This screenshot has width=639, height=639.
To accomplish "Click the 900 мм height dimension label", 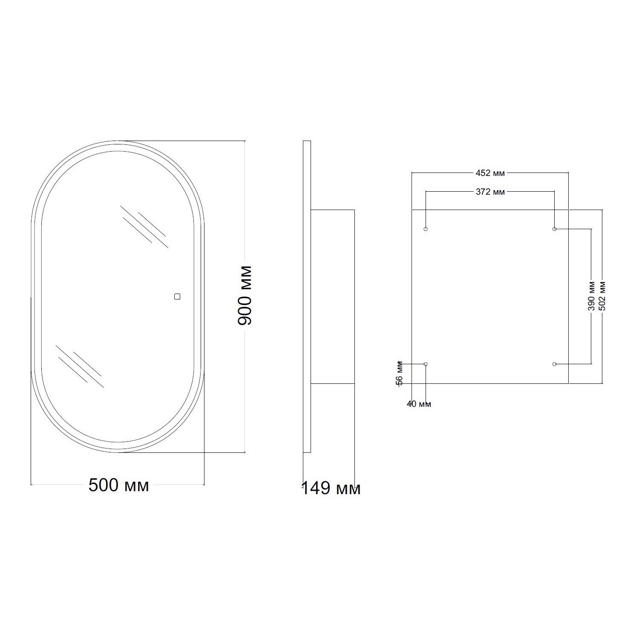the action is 245,295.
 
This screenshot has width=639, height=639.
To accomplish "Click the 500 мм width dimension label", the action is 118,485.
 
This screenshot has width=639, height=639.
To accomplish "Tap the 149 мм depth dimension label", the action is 331,488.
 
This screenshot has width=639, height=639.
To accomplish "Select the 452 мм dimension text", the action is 490,173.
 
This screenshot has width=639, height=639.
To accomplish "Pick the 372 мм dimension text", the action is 490,192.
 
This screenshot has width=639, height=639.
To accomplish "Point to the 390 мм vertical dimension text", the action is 591,296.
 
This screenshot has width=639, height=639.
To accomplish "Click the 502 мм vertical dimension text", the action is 602,296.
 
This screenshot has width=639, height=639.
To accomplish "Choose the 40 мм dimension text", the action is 419,404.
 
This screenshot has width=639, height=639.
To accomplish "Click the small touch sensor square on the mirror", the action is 177,296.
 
